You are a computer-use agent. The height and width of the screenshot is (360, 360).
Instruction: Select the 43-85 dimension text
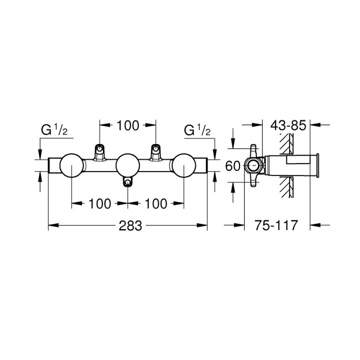(287, 125)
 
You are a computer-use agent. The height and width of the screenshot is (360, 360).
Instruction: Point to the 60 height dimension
(233, 165)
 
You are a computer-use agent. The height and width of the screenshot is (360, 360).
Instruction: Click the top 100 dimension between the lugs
(128, 125)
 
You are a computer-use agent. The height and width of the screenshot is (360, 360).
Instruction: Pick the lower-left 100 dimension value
(100, 203)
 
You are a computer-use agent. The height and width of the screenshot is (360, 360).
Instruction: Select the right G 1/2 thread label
(198, 131)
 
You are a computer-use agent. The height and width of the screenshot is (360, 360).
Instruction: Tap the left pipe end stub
(53, 165)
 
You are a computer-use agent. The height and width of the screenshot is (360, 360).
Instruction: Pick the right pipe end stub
(202, 165)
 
